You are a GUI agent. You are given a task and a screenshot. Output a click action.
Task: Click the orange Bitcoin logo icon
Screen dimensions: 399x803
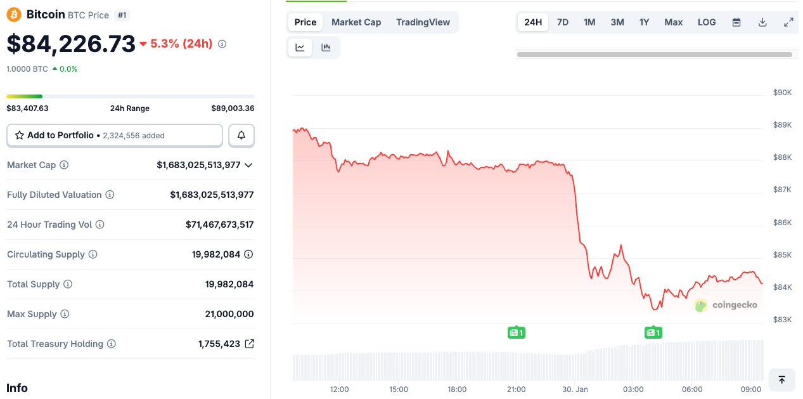(14, 15)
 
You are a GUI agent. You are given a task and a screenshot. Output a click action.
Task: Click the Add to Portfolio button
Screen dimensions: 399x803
(115, 135)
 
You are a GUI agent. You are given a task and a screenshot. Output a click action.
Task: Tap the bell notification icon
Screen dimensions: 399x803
(241, 135)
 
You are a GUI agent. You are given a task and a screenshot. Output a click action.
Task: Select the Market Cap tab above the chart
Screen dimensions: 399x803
(356, 22)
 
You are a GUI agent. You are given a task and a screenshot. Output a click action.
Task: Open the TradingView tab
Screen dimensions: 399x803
(423, 22)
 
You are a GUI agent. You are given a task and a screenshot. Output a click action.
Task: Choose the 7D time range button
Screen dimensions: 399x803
(562, 22)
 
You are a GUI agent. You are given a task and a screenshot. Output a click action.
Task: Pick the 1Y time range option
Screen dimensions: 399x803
(644, 22)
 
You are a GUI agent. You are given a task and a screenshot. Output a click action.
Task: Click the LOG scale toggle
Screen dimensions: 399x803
(707, 22)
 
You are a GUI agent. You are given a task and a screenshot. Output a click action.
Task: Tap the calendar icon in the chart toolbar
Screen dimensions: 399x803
(736, 22)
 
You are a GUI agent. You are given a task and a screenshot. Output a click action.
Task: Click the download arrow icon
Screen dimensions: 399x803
(762, 22)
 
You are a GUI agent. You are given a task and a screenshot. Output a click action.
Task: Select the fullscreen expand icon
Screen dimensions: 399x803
(788, 22)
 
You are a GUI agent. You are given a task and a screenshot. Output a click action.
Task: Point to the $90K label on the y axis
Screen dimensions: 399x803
(782, 93)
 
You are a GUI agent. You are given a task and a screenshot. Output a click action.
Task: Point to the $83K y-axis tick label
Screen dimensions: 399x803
(782, 320)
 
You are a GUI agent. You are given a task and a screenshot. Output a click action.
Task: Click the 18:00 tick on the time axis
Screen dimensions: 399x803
(457, 389)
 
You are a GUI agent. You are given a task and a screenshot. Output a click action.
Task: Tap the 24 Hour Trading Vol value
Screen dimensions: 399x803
(219, 225)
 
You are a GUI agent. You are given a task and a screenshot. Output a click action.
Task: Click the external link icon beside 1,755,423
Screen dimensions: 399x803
(250, 344)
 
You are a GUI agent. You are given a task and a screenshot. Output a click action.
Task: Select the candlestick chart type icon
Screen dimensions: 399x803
(326, 48)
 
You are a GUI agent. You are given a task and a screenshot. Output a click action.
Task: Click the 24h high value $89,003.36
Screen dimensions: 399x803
(233, 108)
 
